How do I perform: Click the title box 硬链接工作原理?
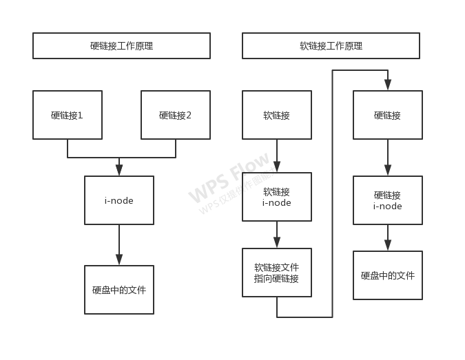click(121, 46)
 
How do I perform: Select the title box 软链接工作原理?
click(331, 46)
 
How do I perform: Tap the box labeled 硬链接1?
click(68, 115)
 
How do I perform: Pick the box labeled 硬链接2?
click(176, 115)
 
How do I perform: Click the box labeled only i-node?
click(119, 200)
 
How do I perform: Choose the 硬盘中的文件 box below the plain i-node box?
click(119, 290)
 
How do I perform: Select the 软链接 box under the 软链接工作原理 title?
click(277, 115)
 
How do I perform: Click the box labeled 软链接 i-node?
click(277, 197)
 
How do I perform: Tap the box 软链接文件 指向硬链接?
click(277, 273)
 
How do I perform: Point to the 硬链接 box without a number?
click(388, 115)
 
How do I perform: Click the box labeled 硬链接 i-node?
click(388, 200)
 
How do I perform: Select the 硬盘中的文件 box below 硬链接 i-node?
click(388, 275)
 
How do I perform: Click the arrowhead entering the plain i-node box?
click(119, 170)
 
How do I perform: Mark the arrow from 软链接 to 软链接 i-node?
click(277, 156)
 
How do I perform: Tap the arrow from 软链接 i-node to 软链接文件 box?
click(277, 235)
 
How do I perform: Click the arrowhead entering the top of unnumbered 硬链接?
click(388, 85)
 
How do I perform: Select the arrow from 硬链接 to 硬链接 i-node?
click(388, 158)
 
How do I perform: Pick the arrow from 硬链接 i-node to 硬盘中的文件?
click(388, 238)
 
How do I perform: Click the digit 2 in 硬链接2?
click(189, 115)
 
